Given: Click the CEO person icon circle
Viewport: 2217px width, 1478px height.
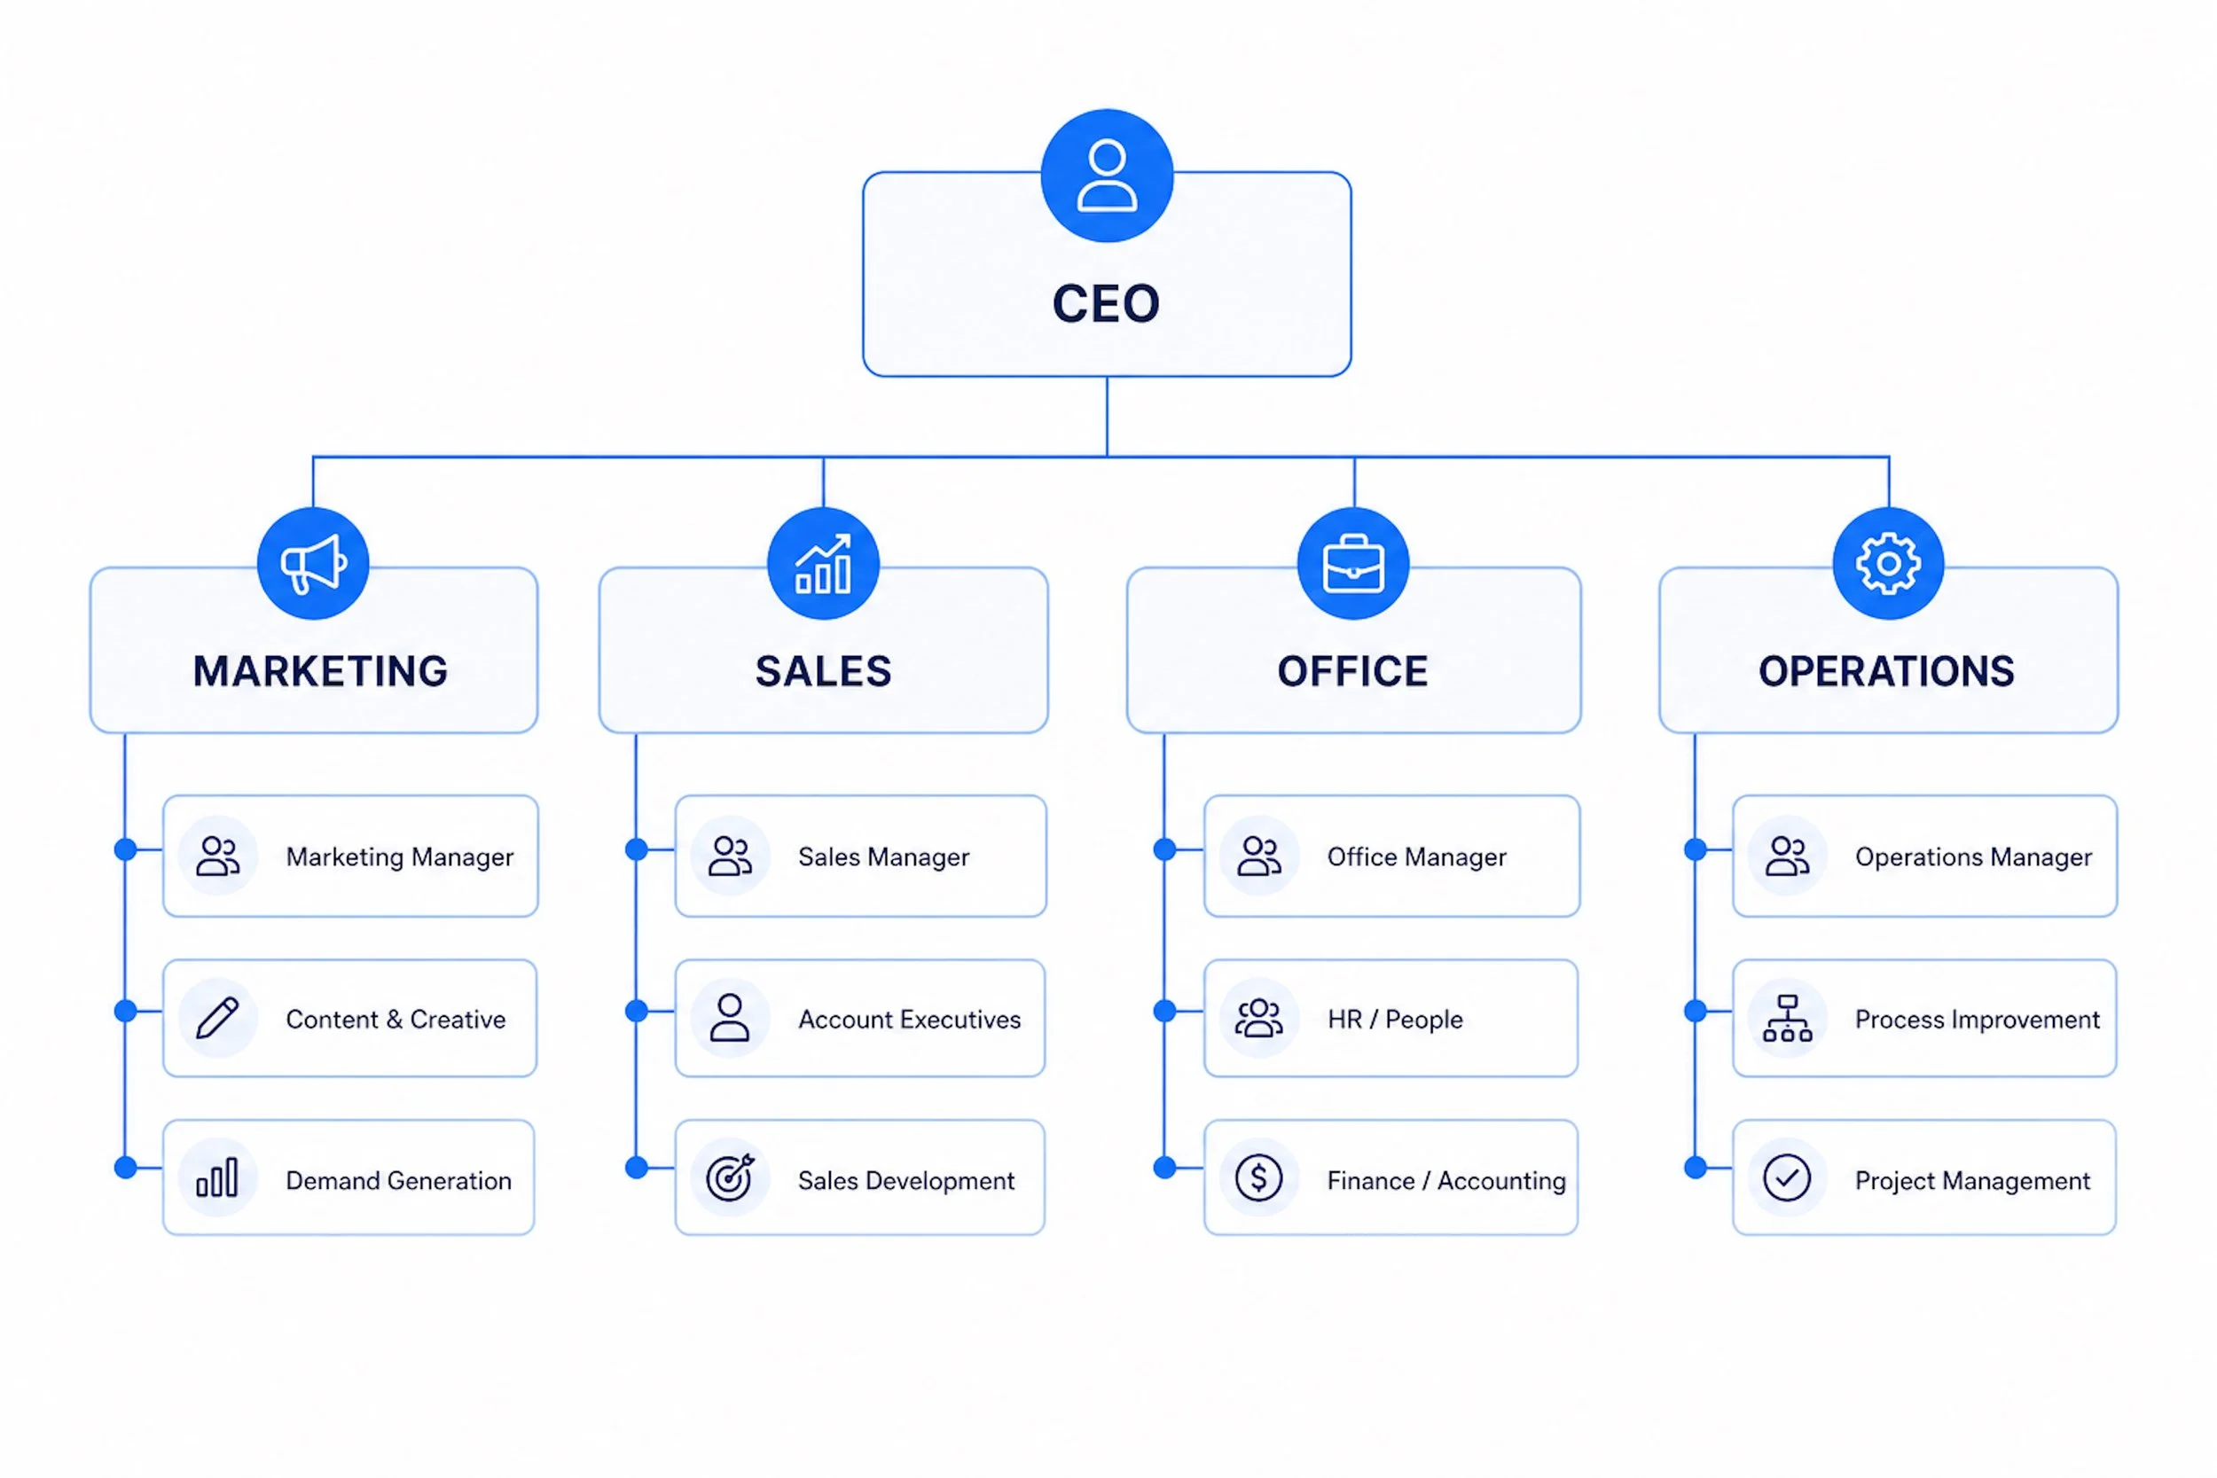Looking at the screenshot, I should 1107,176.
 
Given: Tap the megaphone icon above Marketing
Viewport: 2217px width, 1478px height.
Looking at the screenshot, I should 313,564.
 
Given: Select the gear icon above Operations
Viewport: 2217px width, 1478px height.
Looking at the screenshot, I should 1888,564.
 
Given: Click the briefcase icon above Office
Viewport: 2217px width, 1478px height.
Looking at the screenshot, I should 1352,564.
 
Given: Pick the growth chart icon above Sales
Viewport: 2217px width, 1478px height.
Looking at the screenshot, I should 823,564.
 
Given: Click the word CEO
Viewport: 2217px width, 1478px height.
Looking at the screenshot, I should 1106,303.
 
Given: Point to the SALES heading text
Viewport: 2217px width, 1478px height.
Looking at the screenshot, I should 823,671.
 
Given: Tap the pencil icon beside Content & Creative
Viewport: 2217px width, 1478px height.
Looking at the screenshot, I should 218,1018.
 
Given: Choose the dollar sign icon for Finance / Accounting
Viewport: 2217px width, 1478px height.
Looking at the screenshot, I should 1258,1178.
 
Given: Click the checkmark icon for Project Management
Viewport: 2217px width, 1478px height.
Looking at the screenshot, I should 1786,1178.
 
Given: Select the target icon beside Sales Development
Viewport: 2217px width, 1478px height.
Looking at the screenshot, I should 731,1178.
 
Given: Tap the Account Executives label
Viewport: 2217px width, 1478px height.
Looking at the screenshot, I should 909,1019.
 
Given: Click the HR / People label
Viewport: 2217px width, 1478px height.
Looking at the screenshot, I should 1394,1019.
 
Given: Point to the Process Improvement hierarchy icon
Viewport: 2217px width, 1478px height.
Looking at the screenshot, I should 1786,1018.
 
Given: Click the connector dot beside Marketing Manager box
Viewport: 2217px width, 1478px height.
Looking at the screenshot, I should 125,849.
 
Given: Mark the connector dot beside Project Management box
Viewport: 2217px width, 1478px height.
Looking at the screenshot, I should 1696,1168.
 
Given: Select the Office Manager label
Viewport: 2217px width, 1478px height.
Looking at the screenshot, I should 1416,856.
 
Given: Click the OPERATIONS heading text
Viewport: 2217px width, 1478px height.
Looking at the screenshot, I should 1886,671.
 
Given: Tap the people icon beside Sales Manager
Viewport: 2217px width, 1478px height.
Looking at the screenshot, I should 731,856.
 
